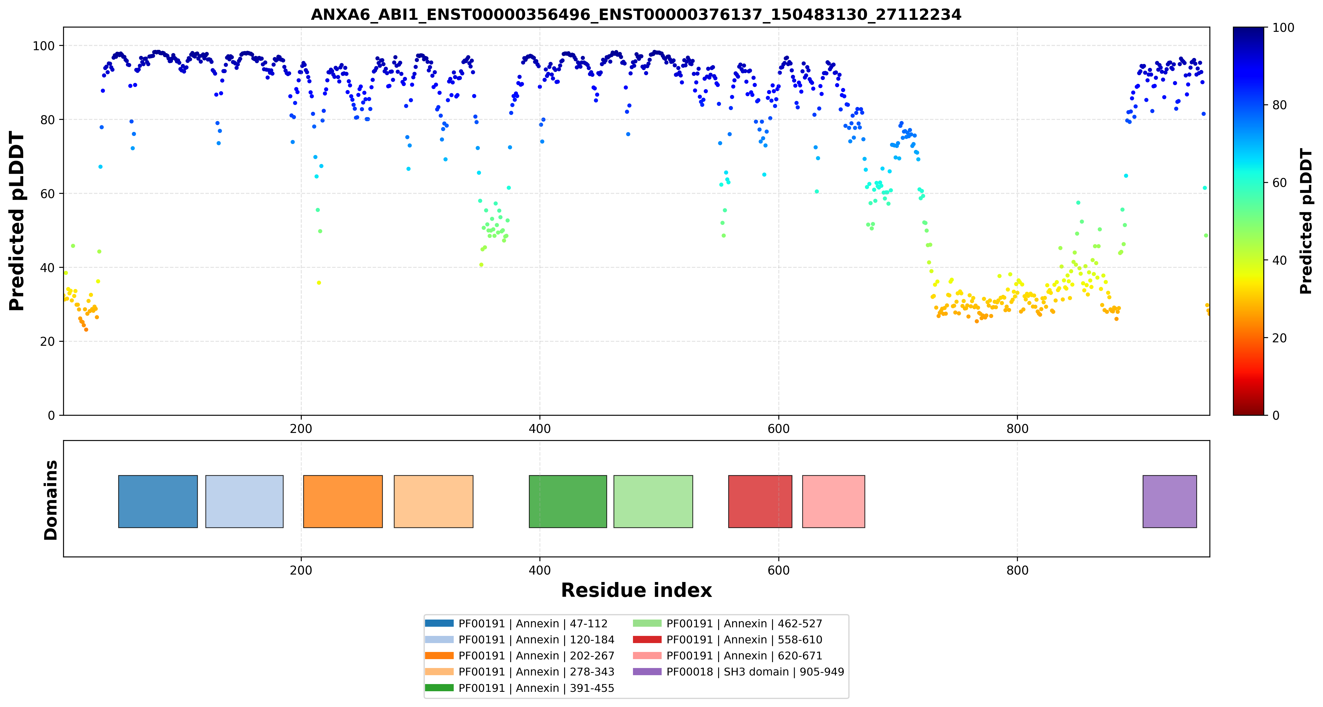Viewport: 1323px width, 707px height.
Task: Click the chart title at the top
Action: coord(636,14)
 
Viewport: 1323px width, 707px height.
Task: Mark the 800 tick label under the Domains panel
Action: coord(1017,571)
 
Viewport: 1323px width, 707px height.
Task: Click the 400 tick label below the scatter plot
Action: coord(540,429)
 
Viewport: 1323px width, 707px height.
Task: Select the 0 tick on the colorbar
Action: coord(1276,415)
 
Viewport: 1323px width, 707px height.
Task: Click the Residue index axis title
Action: coord(636,590)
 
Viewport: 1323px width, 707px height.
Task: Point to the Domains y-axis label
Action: coord(51,500)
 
